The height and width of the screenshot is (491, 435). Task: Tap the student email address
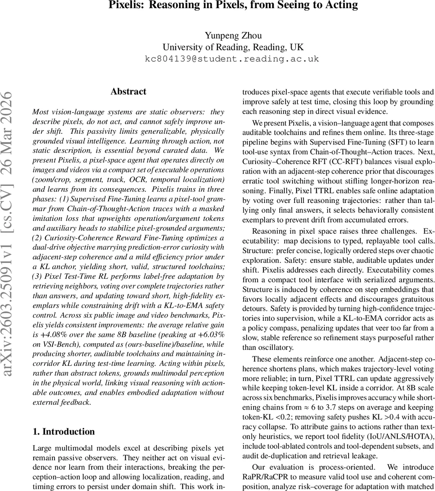click(x=231, y=59)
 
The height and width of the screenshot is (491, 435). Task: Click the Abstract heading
click(x=128, y=92)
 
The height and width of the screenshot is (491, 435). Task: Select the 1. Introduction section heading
click(x=63, y=432)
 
